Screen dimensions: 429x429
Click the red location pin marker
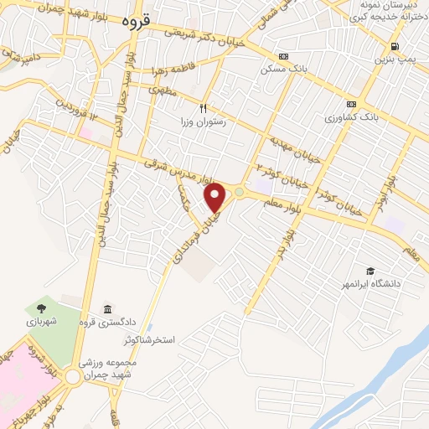tap(216, 197)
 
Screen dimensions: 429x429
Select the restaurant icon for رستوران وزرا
tap(202, 108)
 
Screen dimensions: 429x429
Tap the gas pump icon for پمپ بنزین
tap(394, 47)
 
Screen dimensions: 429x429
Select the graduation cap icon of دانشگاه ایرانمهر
tap(370, 271)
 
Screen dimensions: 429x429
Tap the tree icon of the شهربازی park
tap(42, 308)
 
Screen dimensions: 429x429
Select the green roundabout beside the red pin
tap(240, 193)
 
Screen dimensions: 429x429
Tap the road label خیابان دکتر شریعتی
tap(206, 32)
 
